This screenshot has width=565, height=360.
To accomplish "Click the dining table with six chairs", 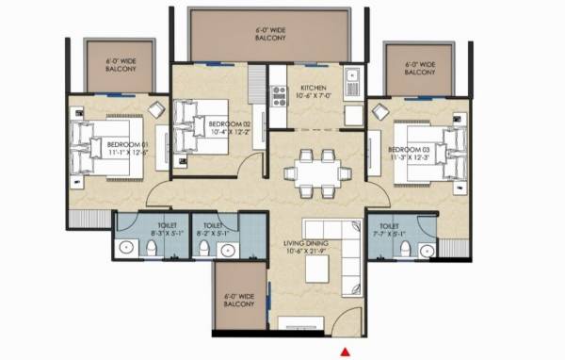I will [x=314, y=171].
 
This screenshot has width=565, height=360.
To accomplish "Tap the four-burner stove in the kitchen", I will [x=279, y=93].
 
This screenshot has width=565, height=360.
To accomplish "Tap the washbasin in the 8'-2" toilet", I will [x=227, y=250].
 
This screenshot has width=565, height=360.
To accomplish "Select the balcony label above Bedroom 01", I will [x=121, y=66].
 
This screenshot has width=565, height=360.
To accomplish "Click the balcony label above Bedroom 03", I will [x=419, y=69].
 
